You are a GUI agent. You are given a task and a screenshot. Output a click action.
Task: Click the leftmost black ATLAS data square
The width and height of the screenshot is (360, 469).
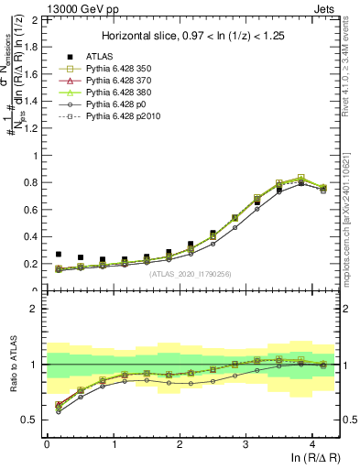tap(59, 255)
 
